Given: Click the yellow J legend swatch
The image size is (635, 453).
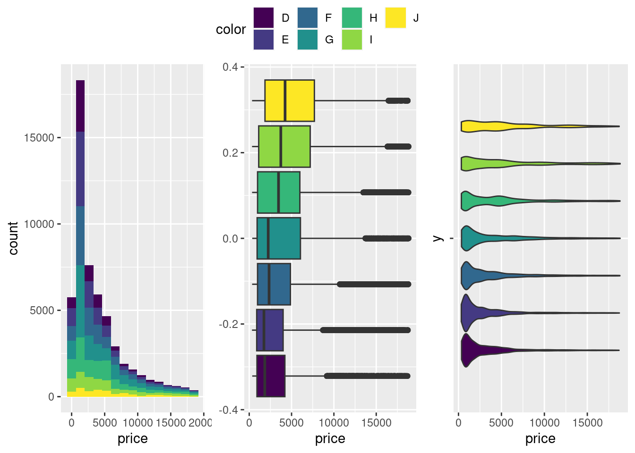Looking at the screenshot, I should pos(395,18).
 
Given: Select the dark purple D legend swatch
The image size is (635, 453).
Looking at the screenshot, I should pos(264,18).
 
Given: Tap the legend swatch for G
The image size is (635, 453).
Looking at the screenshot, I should pos(308,40).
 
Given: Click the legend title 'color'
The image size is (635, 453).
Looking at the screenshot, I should pos(231,29).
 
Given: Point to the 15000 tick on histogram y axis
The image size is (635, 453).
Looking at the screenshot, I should pos(39,138).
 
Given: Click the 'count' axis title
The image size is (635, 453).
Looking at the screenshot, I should pos(13,238).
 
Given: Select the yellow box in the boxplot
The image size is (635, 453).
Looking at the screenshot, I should pos(289,101).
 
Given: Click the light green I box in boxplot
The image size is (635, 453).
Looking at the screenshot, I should pos(284,146).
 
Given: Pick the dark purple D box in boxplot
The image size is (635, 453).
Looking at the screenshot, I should pos(271,376).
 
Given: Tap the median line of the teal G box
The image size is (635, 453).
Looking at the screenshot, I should pos(268,238).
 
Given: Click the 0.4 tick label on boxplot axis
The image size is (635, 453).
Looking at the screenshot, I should pos(230,67).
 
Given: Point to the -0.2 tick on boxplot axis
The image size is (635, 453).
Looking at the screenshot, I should pos(229,324).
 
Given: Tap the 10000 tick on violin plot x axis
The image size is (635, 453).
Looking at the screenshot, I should pos(544,422).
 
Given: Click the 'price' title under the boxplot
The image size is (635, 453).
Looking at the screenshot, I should pos(330,439).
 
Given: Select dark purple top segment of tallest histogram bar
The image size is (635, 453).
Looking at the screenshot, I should pos(80,106).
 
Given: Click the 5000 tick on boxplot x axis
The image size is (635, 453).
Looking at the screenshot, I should pos(292,422).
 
